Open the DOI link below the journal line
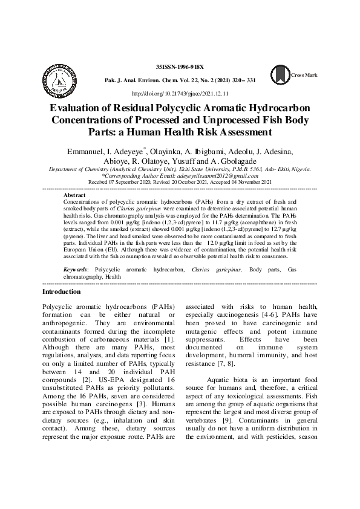(x=180, y=94)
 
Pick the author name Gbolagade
(x=241, y=161)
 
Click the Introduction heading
(x=63, y=291)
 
